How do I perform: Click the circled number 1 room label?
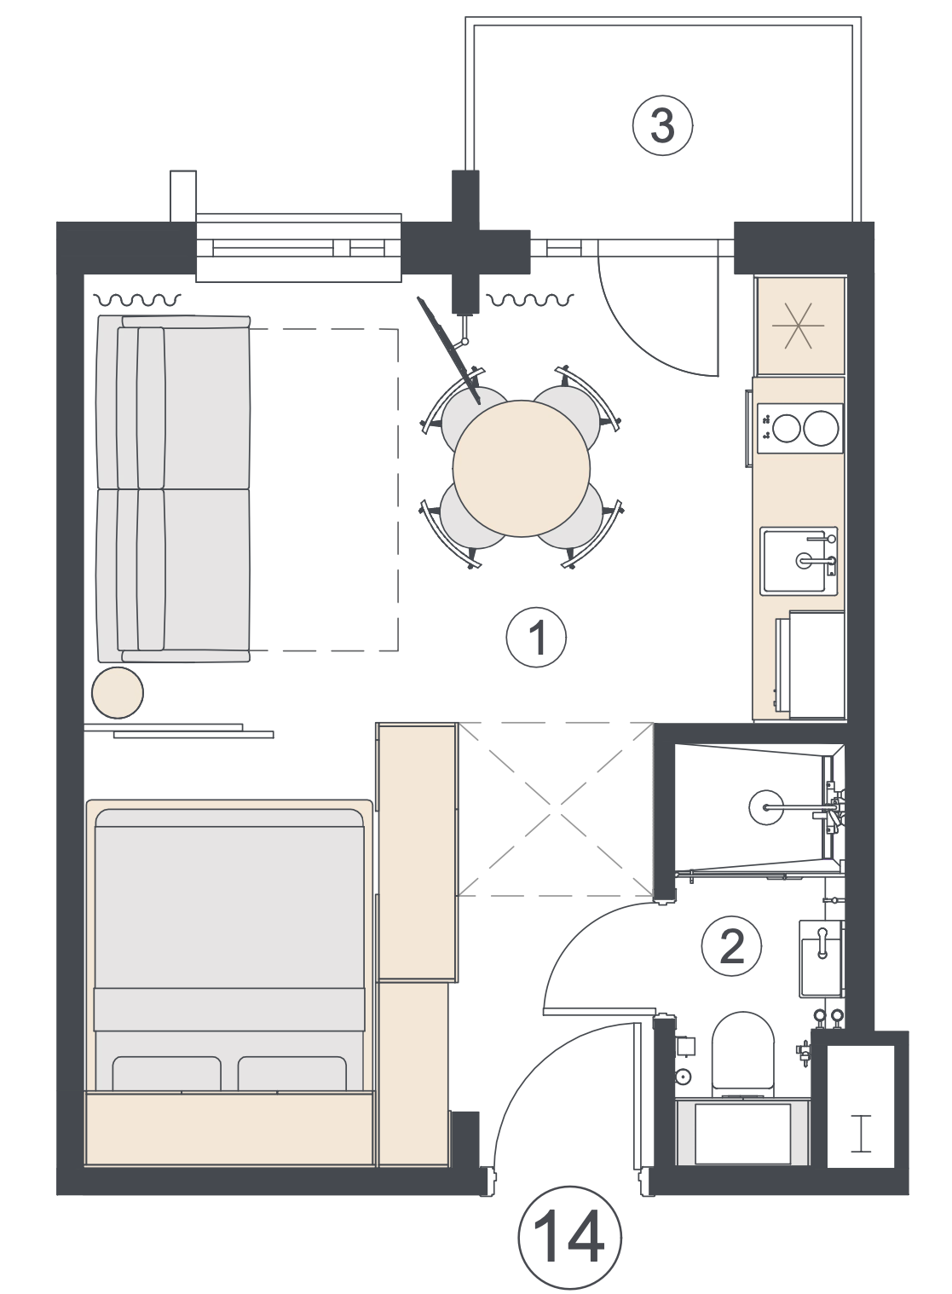click(536, 638)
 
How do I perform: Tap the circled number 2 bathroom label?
click(731, 945)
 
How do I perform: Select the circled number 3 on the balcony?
click(662, 125)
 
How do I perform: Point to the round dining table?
click(521, 469)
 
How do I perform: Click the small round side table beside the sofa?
click(118, 693)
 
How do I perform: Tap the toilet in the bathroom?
click(743, 1056)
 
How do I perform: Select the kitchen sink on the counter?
click(799, 560)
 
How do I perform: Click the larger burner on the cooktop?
click(821, 428)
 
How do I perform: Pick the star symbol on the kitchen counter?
click(799, 326)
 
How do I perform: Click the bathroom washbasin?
click(821, 958)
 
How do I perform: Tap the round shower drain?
click(766, 806)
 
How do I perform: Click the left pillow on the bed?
click(166, 1074)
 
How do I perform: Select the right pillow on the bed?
click(292, 1074)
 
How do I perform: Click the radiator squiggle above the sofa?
click(137, 300)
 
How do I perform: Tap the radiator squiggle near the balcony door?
click(530, 300)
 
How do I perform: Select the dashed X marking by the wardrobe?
click(555, 809)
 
